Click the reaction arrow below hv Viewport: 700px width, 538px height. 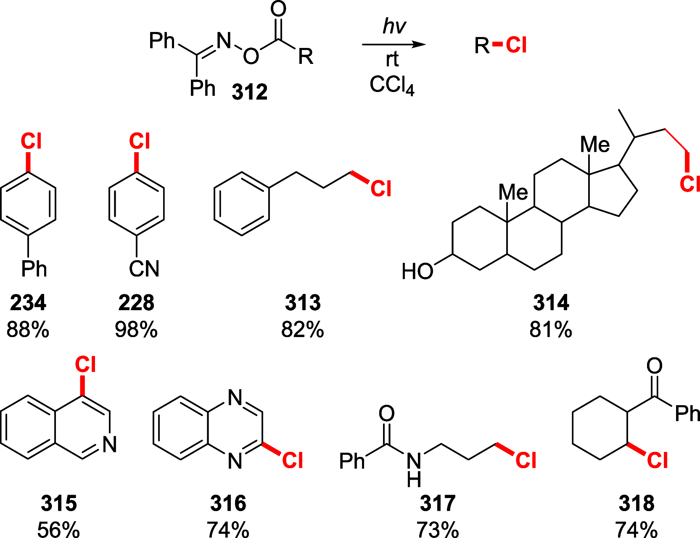tap(394, 45)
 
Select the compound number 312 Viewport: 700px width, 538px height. tap(249, 92)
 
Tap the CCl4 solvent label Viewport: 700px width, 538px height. tap(392, 85)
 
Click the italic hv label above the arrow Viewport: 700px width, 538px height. tap(394, 26)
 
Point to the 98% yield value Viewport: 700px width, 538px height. tap(136, 330)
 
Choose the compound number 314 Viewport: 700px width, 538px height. tap(551, 303)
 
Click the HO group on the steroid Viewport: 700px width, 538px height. tap(417, 272)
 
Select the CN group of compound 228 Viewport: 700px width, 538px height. tap(144, 269)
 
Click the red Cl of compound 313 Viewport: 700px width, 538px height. tap(381, 189)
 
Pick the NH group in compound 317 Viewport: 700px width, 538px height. tap(414, 469)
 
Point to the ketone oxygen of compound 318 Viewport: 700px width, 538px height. tap(654, 366)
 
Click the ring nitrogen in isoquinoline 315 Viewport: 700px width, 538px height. tap(110, 444)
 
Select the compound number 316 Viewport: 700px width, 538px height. tap(228, 503)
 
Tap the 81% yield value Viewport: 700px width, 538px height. tap(551, 330)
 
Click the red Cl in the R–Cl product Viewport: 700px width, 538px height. tap(516, 45)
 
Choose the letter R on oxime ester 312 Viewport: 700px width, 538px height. tap(306, 56)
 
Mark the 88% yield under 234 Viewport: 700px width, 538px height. tap(28, 330)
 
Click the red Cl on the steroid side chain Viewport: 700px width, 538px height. tap(689, 184)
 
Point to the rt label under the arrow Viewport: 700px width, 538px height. tap(392, 60)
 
